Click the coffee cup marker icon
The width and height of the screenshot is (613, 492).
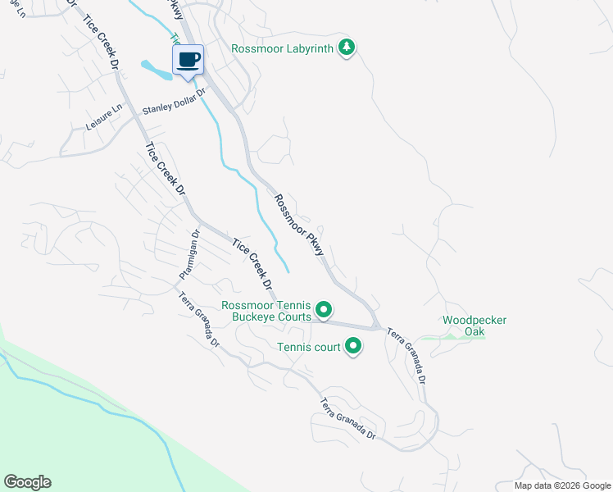188,60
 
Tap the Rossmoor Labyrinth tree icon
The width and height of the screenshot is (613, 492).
347,48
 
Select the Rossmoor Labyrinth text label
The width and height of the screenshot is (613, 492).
283,49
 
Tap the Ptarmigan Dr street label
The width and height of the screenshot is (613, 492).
189,256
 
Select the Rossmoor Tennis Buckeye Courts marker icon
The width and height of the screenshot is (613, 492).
324,310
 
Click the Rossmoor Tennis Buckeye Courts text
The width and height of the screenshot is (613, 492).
267,311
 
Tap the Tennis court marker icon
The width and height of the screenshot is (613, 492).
353,347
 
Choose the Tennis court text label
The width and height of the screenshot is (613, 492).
308,348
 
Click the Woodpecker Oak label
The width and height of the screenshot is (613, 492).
464,326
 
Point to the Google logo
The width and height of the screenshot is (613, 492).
27,482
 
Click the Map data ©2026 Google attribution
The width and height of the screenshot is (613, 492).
561,485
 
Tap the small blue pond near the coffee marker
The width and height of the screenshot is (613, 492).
156,70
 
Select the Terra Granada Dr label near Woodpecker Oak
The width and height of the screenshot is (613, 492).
407,357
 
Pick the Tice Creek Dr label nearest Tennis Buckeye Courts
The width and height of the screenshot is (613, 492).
252,266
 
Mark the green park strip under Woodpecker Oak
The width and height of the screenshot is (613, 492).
452,337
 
